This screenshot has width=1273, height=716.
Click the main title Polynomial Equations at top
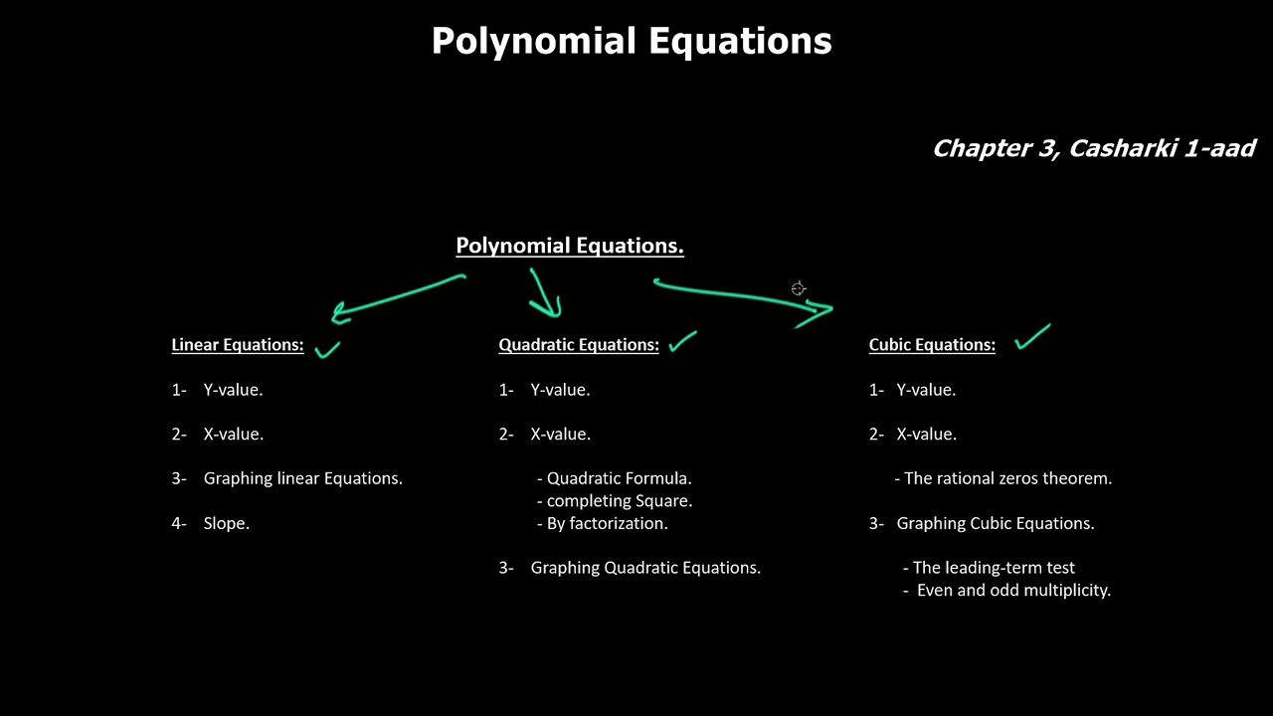click(x=632, y=42)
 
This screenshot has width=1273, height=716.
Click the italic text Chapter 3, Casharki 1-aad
click(x=1093, y=149)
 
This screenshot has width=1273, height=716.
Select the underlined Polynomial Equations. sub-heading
click(x=569, y=246)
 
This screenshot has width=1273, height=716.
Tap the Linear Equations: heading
click(x=237, y=345)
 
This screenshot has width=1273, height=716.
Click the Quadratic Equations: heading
click(x=578, y=345)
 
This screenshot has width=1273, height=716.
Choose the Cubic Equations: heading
click(x=931, y=345)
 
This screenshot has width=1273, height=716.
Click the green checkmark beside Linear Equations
click(x=327, y=349)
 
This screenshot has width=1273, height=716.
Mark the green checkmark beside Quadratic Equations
click(x=682, y=342)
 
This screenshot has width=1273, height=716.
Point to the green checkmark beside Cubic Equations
click(x=1032, y=337)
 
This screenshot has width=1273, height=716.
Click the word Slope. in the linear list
click(x=226, y=523)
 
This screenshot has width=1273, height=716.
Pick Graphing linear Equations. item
click(x=302, y=478)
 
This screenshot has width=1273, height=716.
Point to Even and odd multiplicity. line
click(x=1012, y=590)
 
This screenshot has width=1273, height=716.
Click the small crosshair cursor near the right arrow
click(x=799, y=289)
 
